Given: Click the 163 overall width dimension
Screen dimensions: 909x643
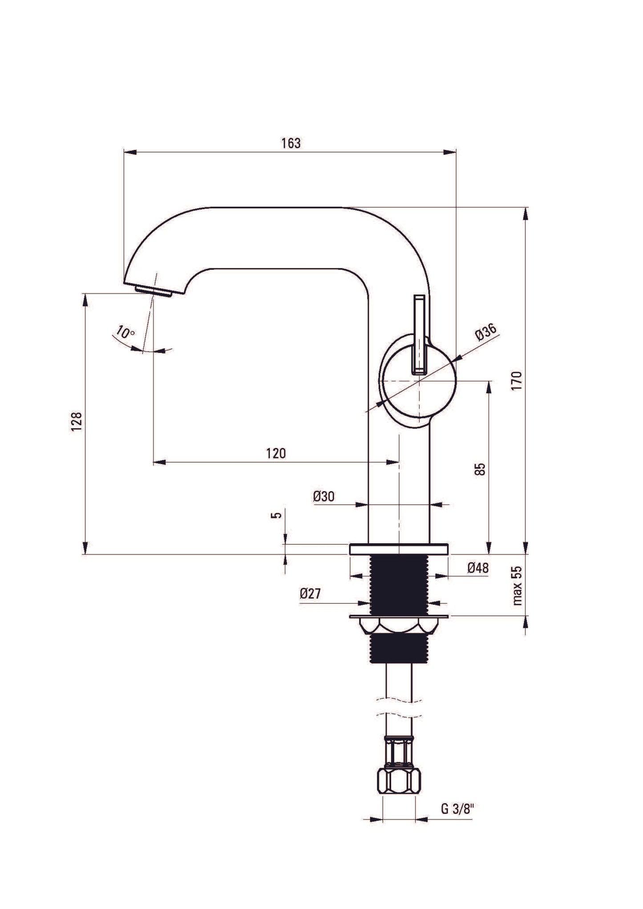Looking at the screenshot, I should click(x=291, y=143).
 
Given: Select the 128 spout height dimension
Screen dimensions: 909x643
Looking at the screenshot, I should click(x=77, y=421).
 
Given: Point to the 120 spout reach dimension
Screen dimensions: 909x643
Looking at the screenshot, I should click(x=276, y=453).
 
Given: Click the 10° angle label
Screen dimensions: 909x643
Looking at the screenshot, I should click(x=125, y=332).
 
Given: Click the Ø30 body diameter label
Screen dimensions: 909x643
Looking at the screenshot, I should click(x=324, y=497).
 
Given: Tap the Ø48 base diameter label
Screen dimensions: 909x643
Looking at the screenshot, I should click(x=478, y=568).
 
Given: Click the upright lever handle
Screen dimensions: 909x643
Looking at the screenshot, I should click(x=420, y=334).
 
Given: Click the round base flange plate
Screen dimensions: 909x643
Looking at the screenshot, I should click(x=399, y=549).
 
